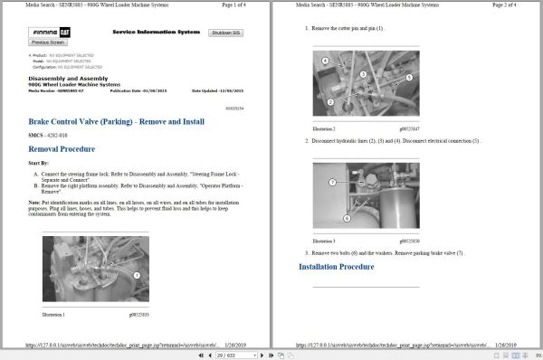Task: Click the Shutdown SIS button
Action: pos(225,32)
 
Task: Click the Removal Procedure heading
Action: pos(62,148)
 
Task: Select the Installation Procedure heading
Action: pos(336,268)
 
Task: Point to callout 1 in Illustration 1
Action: pos(136,274)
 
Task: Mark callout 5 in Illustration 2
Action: pos(408,78)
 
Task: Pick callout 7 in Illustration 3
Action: pos(332,183)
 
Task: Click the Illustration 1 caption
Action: pos(54,314)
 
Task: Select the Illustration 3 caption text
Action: pos(325,242)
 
